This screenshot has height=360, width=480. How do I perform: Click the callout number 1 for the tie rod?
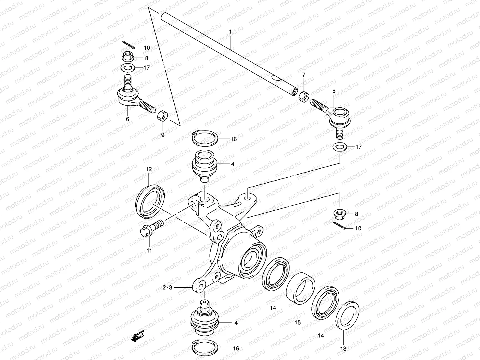pyautogui.click(x=230, y=31)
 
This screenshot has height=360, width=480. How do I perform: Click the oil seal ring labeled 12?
pyautogui.click(x=150, y=200)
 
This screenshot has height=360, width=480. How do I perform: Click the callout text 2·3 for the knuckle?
pyautogui.click(x=167, y=287)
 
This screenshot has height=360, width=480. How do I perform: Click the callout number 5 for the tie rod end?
pyautogui.click(x=334, y=90)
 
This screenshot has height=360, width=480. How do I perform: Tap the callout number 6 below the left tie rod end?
pyautogui.click(x=127, y=119)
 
